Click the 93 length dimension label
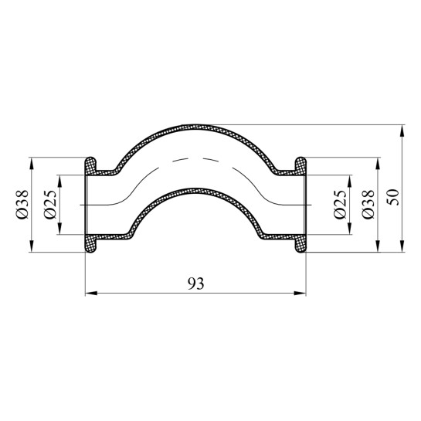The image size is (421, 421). (195, 283)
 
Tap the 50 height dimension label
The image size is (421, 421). (394, 197)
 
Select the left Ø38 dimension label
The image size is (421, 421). (22, 204)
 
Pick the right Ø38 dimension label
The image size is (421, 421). (368, 204)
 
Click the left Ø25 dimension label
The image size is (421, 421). (51, 204)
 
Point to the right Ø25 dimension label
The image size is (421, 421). (340, 204)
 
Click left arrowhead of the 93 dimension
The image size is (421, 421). (91, 294)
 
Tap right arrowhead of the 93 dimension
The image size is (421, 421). (300, 294)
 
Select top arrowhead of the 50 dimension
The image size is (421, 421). (402, 131)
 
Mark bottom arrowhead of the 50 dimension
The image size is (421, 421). (402, 246)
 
